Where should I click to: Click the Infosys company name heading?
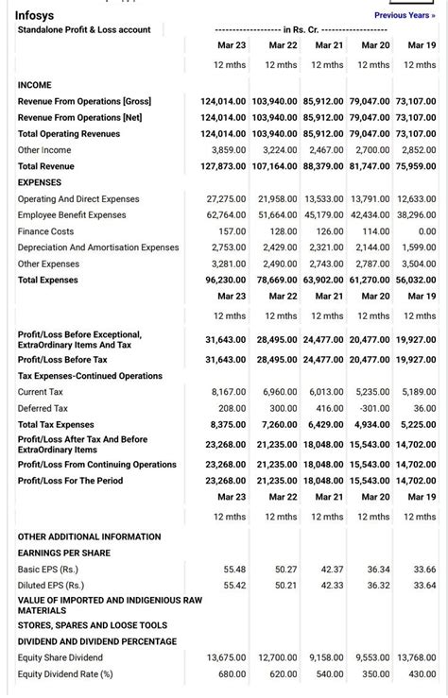point(35,15)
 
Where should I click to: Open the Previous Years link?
point(405,15)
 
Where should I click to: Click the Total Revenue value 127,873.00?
point(223,166)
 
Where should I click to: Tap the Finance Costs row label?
point(45,231)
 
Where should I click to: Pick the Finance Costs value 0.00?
point(426,231)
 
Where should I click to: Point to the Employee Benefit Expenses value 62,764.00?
point(226,215)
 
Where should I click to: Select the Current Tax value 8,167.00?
point(228,391)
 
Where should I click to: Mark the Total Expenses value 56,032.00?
point(416,281)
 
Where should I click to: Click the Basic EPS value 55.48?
point(233,570)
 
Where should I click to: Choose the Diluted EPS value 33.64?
point(424,586)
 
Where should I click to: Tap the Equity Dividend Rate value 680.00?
point(232,674)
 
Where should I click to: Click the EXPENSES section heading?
point(39,182)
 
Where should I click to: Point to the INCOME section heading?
point(35,85)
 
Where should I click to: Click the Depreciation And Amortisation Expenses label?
point(98,247)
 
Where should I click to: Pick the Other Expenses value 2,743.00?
point(324,264)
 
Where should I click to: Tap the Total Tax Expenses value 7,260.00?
point(279,425)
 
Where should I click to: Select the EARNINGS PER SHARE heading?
point(64,553)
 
